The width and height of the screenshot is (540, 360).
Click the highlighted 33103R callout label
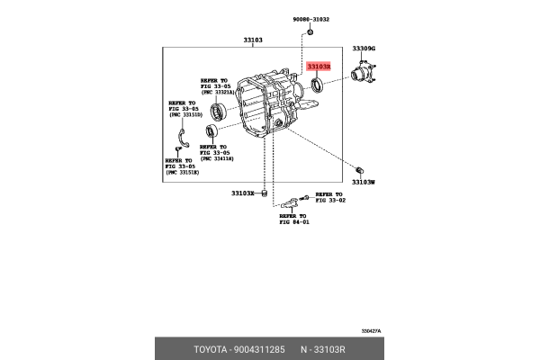pos(319,67)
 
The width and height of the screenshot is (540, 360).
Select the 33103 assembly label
pos(253,40)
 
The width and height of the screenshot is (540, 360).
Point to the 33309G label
pos(364,48)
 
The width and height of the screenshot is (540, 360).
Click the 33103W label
pos(363,181)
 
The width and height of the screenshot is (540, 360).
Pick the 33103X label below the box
pos(243,193)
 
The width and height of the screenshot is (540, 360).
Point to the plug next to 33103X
pos(265,192)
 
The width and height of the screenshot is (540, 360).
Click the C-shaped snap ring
pos(180,134)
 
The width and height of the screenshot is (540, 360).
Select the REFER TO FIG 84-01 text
pos(292,219)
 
